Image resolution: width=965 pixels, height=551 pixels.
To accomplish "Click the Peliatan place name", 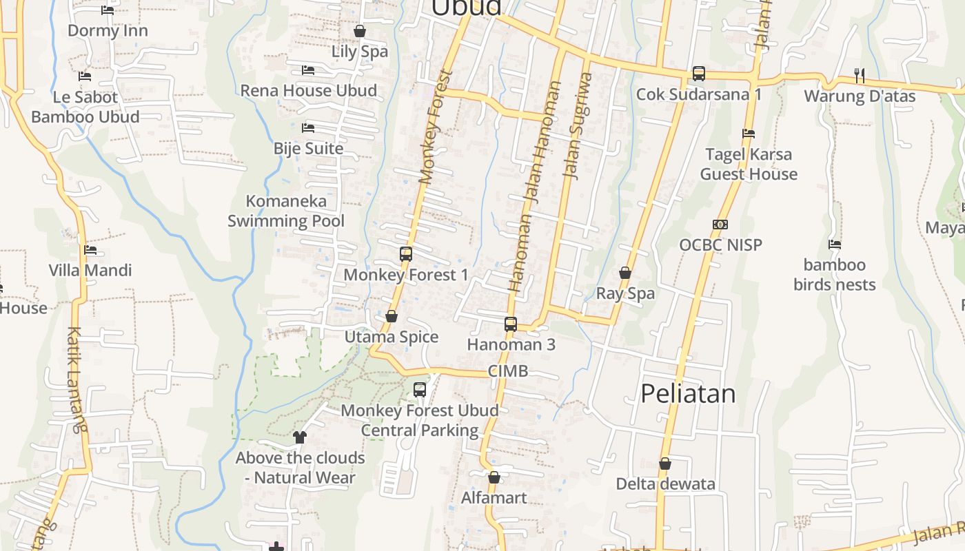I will [688, 394].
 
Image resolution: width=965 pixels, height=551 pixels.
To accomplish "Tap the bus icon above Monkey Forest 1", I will [406, 253].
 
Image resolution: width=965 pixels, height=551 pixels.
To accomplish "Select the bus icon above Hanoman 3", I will [511, 324].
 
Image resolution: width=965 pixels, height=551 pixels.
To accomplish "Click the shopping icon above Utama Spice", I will [392, 316].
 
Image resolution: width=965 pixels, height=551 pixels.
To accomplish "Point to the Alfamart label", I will [494, 498].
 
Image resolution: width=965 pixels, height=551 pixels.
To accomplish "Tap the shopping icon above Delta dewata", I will [665, 464].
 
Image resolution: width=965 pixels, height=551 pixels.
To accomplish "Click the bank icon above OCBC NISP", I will [720, 225].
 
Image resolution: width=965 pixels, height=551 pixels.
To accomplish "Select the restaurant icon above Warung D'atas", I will [859, 74].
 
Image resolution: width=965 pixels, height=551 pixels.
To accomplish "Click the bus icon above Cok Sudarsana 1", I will [699, 73].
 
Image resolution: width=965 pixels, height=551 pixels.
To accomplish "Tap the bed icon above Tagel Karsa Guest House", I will [749, 134].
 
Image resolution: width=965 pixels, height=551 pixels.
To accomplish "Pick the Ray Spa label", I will [625, 293].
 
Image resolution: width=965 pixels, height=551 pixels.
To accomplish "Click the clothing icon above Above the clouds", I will [300, 437].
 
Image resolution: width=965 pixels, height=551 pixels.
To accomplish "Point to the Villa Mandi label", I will [90, 271].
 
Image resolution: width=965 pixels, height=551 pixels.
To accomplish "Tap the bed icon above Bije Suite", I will [308, 128].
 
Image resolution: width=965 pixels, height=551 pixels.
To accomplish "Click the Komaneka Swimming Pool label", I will [286, 211].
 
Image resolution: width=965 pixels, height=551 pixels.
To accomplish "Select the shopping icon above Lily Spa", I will [359, 31].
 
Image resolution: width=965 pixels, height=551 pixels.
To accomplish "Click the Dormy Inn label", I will [108, 31].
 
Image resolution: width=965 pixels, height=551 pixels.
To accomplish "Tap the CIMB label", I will [508, 371].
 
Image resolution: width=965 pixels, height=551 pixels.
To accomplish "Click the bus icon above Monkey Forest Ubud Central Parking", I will [420, 390].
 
